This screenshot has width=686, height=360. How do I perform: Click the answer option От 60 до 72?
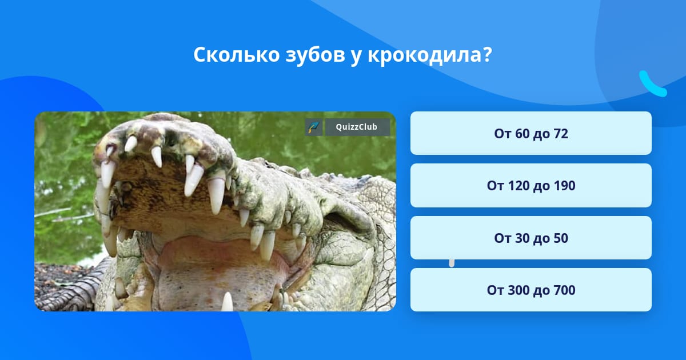click(531, 133)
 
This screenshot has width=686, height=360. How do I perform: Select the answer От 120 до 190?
click(531, 186)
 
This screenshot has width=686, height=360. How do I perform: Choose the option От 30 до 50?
click(531, 238)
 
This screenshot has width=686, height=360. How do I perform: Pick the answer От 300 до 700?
click(531, 290)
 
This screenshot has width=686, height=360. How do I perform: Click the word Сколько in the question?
click(237, 55)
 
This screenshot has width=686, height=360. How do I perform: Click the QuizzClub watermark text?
click(357, 127)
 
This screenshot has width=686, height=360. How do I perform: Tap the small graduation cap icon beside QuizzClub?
click(314, 127)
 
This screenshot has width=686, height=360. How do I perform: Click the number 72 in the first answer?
click(561, 134)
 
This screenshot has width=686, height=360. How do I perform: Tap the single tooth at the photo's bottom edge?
click(228, 302)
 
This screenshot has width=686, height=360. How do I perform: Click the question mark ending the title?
click(487, 55)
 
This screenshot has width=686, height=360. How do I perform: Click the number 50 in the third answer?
click(561, 238)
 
